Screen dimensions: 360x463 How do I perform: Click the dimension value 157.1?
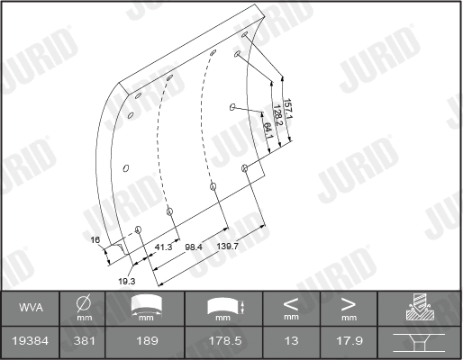(x=286, y=110)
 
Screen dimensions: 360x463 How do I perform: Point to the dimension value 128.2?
(x=277, y=117)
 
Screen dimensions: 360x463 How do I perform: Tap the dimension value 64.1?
(x=268, y=130)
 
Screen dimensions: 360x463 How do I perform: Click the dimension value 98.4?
(x=194, y=246)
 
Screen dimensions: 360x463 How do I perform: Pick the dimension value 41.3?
(x=164, y=246)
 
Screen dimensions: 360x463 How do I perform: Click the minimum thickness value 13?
(x=291, y=342)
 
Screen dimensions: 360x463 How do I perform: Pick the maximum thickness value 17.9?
(x=349, y=342)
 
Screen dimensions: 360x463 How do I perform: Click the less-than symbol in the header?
(x=291, y=303)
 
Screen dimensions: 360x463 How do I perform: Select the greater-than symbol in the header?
(x=349, y=303)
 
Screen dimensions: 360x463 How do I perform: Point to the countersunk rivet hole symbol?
(x=420, y=341)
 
